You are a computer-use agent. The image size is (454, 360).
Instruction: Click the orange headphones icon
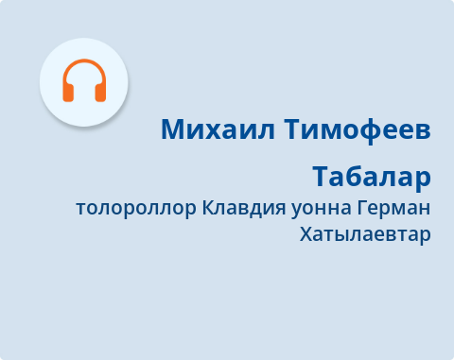pyautogui.click(x=84, y=80)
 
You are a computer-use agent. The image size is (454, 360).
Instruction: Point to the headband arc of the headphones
pyautogui.click(x=84, y=64)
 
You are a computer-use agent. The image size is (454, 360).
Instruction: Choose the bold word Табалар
pyautogui.click(x=372, y=177)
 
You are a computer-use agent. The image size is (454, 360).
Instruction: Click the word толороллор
pyautogui.click(x=136, y=208)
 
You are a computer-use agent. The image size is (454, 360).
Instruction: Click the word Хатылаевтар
pyautogui.click(x=364, y=233)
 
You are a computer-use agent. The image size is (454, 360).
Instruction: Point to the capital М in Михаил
pyautogui.click(x=172, y=129)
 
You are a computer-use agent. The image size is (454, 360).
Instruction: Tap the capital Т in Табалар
pyautogui.click(x=321, y=177)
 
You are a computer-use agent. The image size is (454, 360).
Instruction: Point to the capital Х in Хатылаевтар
pyautogui.click(x=305, y=233)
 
